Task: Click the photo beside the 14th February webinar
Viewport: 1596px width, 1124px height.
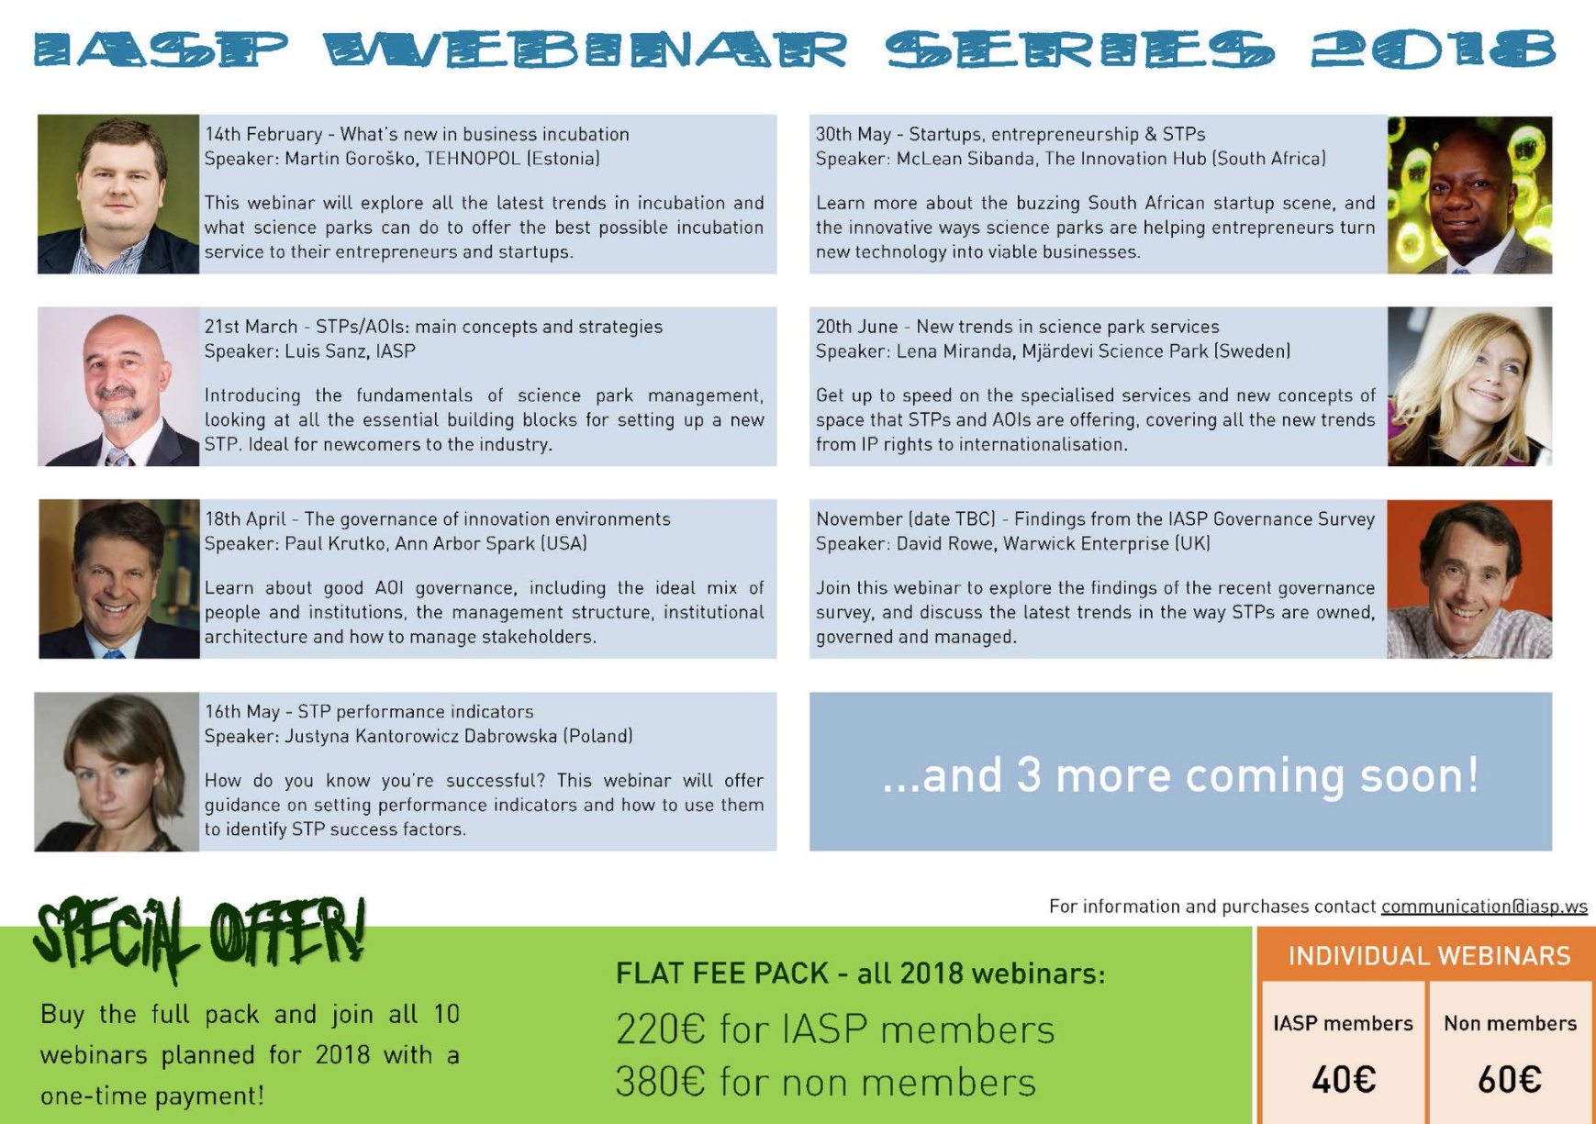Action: coord(118,194)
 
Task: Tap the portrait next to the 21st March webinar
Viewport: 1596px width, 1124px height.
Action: coord(118,386)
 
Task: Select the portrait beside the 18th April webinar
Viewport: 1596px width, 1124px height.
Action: coord(119,579)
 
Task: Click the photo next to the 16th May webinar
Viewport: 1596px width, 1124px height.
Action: coord(117,772)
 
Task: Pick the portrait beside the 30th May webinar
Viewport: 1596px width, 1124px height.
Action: coord(1469,195)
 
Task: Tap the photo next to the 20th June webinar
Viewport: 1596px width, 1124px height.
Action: coord(1469,386)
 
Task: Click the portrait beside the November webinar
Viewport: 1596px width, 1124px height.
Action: coord(1469,579)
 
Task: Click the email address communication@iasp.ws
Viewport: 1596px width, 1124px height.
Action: coord(1484,907)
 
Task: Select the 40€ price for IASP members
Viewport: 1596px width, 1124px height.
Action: coord(1344,1080)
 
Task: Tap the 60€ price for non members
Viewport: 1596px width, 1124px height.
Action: coord(1510,1080)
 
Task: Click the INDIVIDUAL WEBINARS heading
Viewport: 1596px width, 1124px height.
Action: coord(1429,956)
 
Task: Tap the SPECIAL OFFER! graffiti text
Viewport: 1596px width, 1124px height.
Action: coord(200,937)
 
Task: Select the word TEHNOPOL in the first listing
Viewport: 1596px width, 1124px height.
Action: coord(473,159)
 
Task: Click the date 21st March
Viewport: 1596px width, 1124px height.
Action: coord(251,327)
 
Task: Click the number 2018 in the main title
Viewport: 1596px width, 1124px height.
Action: coord(1433,50)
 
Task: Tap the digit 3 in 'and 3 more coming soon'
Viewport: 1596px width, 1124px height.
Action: coord(1029,775)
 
